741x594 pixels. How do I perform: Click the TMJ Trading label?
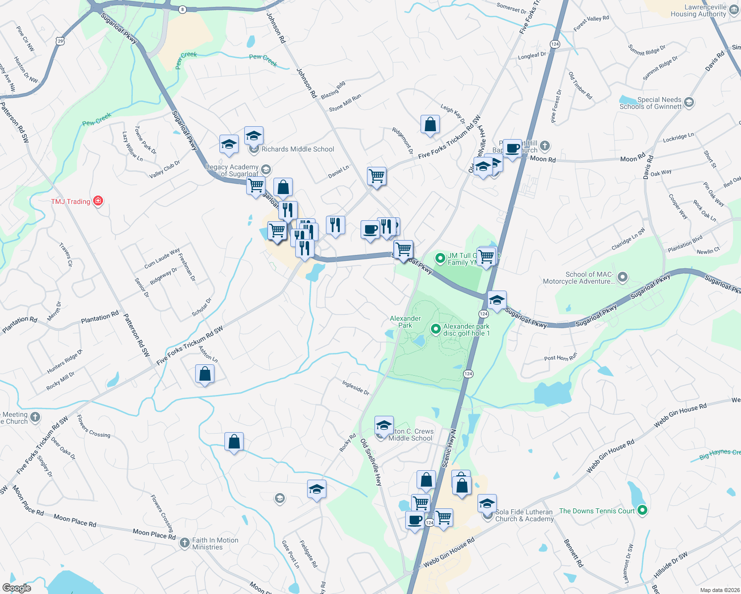click(x=71, y=201)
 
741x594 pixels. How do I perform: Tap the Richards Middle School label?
click(x=298, y=149)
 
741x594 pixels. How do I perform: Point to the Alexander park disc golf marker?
click(x=435, y=329)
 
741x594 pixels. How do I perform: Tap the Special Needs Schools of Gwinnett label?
click(x=650, y=103)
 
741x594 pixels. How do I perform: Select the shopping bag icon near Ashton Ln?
click(x=205, y=374)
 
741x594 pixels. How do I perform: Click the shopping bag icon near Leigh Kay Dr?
click(x=430, y=125)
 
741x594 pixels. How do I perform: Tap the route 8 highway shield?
click(x=183, y=9)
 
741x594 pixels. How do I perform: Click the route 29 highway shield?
click(x=60, y=41)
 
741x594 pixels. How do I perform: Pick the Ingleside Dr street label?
click(x=356, y=387)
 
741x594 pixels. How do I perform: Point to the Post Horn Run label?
click(x=561, y=358)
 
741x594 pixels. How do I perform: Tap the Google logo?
click(x=16, y=588)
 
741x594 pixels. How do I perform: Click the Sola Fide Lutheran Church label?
click(x=524, y=515)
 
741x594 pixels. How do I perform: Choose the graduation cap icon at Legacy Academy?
click(x=266, y=170)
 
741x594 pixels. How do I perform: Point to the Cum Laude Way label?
click(x=162, y=258)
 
